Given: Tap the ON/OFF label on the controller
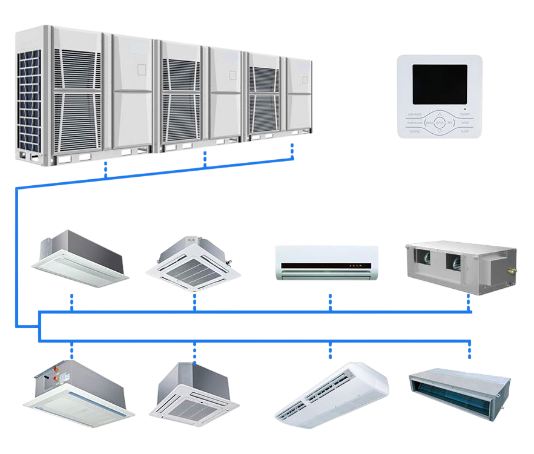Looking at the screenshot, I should click(x=465, y=114).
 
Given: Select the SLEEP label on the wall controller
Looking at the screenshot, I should click(x=465, y=131).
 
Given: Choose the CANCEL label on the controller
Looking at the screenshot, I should click(x=415, y=131).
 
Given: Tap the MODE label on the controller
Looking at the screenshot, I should click(x=465, y=122).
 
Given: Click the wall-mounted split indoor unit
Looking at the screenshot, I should click(x=327, y=262).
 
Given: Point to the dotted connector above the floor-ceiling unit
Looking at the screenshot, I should click(x=330, y=349).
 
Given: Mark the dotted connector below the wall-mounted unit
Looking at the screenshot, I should click(x=330, y=301).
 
